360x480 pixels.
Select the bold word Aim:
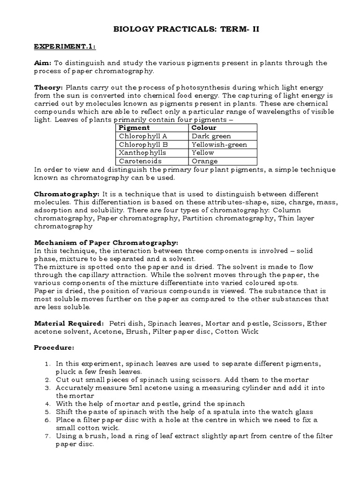(x=43, y=63)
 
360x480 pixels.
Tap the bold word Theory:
(x=48, y=87)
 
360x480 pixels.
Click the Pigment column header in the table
(x=134, y=127)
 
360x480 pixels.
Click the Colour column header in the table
(x=204, y=127)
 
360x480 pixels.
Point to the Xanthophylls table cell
(x=142, y=153)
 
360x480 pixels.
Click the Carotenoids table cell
(x=140, y=161)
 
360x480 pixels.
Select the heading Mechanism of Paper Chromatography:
(x=106, y=243)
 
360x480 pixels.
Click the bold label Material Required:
(x=69, y=323)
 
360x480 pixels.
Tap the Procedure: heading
(x=54, y=348)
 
